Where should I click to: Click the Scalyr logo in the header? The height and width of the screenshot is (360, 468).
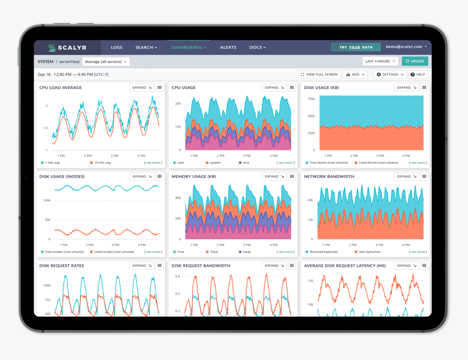tap(67, 47)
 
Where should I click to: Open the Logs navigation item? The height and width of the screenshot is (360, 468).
tap(116, 47)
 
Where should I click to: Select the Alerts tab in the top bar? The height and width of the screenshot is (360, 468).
tap(228, 47)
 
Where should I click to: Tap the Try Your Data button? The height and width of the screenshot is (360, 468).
tap(356, 47)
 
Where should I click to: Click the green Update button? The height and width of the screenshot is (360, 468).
tap(415, 61)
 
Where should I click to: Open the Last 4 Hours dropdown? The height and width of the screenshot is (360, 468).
tap(380, 61)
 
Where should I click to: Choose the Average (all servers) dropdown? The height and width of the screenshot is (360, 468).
tap(106, 61)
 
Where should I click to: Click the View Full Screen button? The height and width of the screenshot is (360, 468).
tap(319, 75)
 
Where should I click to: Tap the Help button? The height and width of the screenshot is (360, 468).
tap(418, 75)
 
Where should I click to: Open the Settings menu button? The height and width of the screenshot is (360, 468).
tap(390, 75)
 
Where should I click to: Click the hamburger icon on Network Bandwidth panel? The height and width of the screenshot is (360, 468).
tap(424, 177)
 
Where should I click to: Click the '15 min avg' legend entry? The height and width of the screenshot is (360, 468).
tap(102, 163)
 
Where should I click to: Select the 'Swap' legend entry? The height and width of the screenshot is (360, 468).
tap(246, 252)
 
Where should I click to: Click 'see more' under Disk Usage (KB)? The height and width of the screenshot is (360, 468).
tap(418, 163)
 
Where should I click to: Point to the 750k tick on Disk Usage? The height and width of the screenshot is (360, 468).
tap(311, 99)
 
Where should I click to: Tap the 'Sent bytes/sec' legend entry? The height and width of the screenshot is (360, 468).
tap(370, 252)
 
